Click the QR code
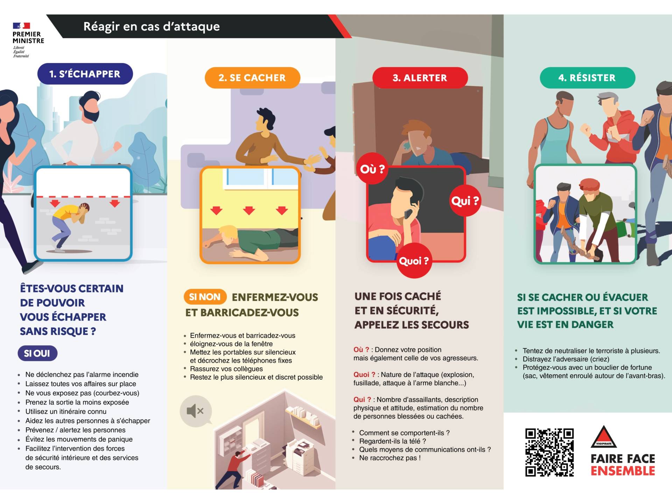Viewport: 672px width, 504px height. tap(549, 452)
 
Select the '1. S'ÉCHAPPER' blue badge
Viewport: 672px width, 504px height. tap(85, 74)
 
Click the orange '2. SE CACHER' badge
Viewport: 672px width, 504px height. tap(252, 78)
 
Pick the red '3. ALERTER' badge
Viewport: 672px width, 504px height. tap(420, 78)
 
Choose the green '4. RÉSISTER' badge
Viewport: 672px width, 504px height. tap(587, 78)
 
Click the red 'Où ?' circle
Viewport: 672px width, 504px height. tap(372, 169)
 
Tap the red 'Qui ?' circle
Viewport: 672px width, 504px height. tap(465, 201)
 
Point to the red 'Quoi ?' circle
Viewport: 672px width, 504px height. tap(414, 261)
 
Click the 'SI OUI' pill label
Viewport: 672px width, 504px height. tap(37, 353)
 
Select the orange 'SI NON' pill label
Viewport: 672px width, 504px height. tap(205, 297)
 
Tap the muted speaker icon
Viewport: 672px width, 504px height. tap(196, 411)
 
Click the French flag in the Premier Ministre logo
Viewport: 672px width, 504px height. tap(21, 26)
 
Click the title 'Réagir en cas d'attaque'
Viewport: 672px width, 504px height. tap(152, 26)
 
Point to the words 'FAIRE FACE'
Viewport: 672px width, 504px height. tap(623, 458)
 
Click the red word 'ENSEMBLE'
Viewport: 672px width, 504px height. tap(623, 471)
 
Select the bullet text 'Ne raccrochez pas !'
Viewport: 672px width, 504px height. tap(390, 458)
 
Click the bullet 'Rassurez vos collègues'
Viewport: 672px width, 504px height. tap(226, 369)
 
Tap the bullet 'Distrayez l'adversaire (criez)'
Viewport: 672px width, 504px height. tap(566, 359)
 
